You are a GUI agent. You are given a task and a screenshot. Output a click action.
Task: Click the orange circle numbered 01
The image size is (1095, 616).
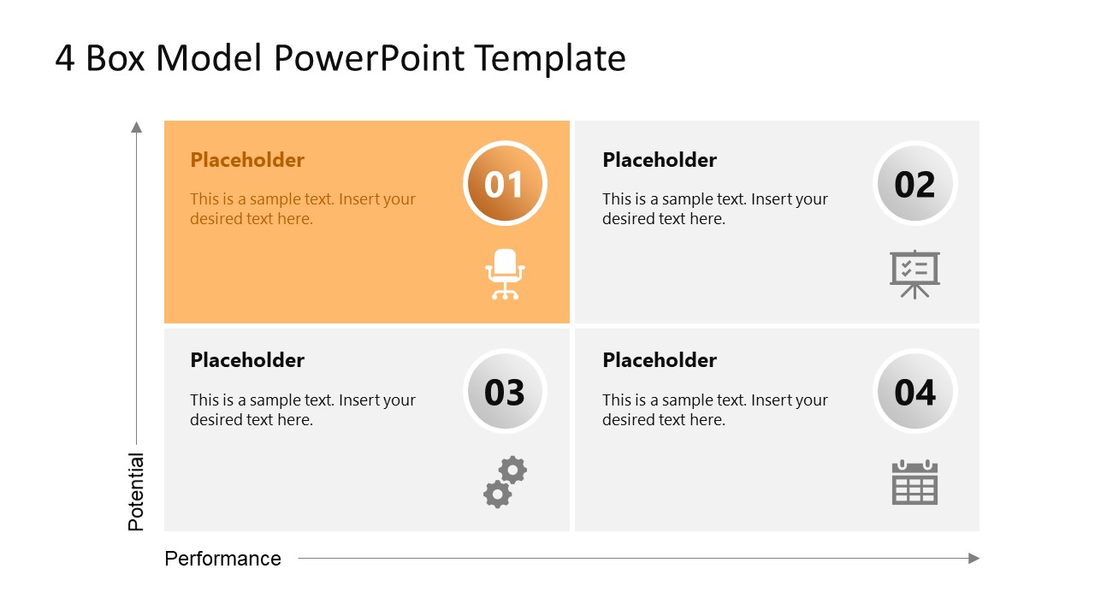504,184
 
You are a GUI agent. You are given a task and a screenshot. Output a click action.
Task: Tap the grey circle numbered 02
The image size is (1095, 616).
914,184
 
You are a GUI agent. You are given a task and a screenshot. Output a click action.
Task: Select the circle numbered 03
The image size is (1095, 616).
504,392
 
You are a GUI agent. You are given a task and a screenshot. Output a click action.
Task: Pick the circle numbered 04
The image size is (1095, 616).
914,392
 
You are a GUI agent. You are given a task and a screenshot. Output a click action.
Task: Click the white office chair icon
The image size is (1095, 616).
505,274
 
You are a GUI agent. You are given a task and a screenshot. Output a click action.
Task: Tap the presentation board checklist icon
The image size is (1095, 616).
914,274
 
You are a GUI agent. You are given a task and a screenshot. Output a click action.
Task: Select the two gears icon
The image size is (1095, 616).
505,482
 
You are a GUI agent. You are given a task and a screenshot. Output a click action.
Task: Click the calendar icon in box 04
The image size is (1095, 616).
914,483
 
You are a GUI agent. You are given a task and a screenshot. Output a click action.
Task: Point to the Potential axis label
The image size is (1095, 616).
136,492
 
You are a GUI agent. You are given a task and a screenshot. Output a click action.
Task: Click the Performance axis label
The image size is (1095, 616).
222,559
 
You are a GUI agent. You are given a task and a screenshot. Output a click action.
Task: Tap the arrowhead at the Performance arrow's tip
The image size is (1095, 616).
974,559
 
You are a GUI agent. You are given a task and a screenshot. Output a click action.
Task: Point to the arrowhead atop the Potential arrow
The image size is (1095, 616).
136,127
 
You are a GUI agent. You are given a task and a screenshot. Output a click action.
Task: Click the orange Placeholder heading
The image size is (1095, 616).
247,160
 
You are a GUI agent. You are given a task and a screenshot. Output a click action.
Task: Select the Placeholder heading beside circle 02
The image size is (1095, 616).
660,160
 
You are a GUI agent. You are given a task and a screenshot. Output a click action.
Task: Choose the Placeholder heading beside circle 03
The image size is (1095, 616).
247,360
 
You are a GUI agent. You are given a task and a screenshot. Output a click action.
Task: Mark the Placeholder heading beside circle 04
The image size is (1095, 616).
660,360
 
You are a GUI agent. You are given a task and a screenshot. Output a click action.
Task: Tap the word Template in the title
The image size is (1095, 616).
550,58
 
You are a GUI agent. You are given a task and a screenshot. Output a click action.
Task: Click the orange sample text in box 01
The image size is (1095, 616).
302,209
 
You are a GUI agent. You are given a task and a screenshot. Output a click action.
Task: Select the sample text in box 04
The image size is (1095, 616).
714,410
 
